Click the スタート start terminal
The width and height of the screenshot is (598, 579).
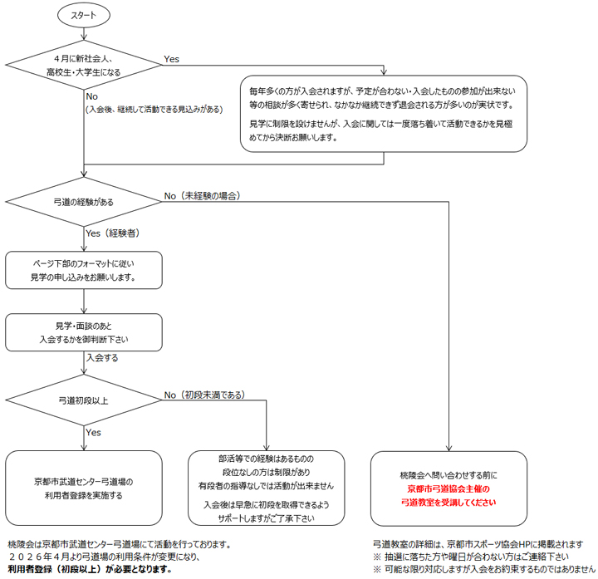click(x=84, y=15)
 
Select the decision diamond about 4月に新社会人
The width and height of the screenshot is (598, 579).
click(x=84, y=66)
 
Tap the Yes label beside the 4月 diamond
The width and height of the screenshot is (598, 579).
click(x=172, y=59)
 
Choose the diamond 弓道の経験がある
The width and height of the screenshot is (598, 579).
click(x=84, y=202)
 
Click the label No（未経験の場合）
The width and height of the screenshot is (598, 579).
click(x=203, y=196)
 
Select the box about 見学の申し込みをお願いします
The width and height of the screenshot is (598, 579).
click(x=84, y=271)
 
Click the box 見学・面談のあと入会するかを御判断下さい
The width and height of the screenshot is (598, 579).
click(x=84, y=332)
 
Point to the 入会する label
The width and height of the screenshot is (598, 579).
click(x=102, y=358)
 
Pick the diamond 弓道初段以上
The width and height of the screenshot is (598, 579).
click(x=84, y=400)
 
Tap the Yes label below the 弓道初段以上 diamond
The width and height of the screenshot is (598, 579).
click(x=94, y=432)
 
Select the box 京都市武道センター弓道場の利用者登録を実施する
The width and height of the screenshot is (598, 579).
click(x=84, y=488)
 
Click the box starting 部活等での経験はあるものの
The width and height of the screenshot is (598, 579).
click(x=266, y=488)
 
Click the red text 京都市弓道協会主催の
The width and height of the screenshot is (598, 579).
click(x=448, y=490)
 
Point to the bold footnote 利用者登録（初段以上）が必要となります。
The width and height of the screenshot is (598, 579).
click(x=90, y=570)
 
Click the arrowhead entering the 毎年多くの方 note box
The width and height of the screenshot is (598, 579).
click(x=384, y=71)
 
